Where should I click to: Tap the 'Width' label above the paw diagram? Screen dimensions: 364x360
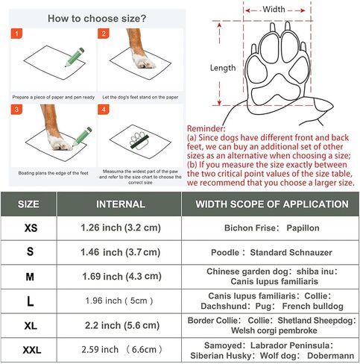coord(274,10)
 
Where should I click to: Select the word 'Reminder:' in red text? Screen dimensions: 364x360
coord(209,128)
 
